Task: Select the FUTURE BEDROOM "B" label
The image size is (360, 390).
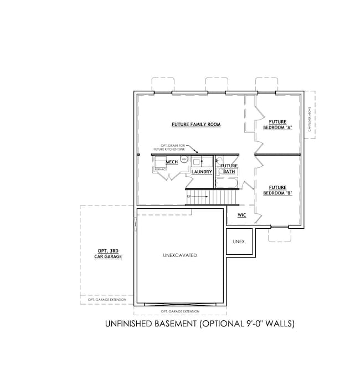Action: pos(277,191)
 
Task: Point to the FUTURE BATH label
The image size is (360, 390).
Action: pos(229,168)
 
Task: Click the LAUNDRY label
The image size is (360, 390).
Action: pos(202,172)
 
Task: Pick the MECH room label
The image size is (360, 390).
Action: pos(171,162)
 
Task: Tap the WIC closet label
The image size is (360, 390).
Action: pos(241,214)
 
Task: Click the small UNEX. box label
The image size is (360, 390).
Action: pos(239,242)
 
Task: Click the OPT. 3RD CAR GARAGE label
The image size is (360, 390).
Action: pos(106,254)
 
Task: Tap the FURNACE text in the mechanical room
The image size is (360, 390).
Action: pos(160,168)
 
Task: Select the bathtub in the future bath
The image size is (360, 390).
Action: pos(228,179)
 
